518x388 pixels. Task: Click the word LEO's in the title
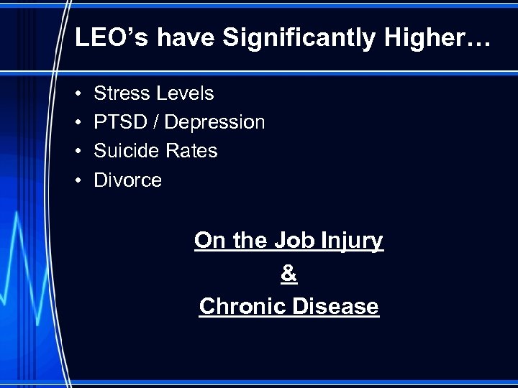coord(112,39)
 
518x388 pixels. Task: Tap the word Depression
coord(214,123)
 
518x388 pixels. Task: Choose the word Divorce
coord(128,180)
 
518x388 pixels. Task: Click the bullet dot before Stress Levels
coord(77,94)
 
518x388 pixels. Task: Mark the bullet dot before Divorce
coord(77,180)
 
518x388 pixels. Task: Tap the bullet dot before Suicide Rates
coord(77,152)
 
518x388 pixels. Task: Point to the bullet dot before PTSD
coord(77,123)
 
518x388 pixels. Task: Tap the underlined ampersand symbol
coord(288,274)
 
